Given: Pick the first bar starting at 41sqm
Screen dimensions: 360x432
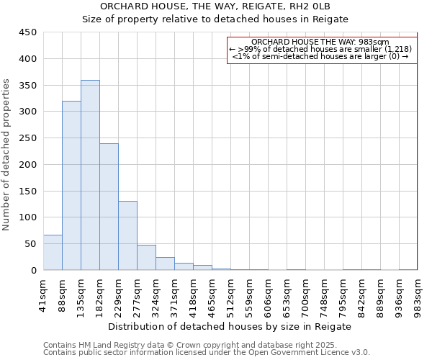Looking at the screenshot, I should pos(53,253).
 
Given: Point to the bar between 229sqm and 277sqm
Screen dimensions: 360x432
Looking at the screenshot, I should pos(127,235).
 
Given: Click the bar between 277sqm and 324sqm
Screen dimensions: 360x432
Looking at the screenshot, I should pos(146,258).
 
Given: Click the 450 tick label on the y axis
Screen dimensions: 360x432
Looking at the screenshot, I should pos(28,32).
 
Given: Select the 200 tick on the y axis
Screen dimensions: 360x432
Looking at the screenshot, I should pos(28,164).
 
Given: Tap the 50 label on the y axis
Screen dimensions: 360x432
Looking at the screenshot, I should pos(31,243).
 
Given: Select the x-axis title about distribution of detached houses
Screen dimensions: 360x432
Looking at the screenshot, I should pos(230,326).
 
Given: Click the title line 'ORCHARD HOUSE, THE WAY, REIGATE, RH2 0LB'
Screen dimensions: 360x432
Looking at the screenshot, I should pos(215,6).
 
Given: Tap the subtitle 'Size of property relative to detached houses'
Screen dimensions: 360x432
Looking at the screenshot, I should pos(215,19).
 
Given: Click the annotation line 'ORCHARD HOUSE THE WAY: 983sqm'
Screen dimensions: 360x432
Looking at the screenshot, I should pos(320,42).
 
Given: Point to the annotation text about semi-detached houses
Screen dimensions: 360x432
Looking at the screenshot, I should pos(320,56).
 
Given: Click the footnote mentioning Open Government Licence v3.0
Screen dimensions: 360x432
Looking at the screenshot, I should pos(207,352).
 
